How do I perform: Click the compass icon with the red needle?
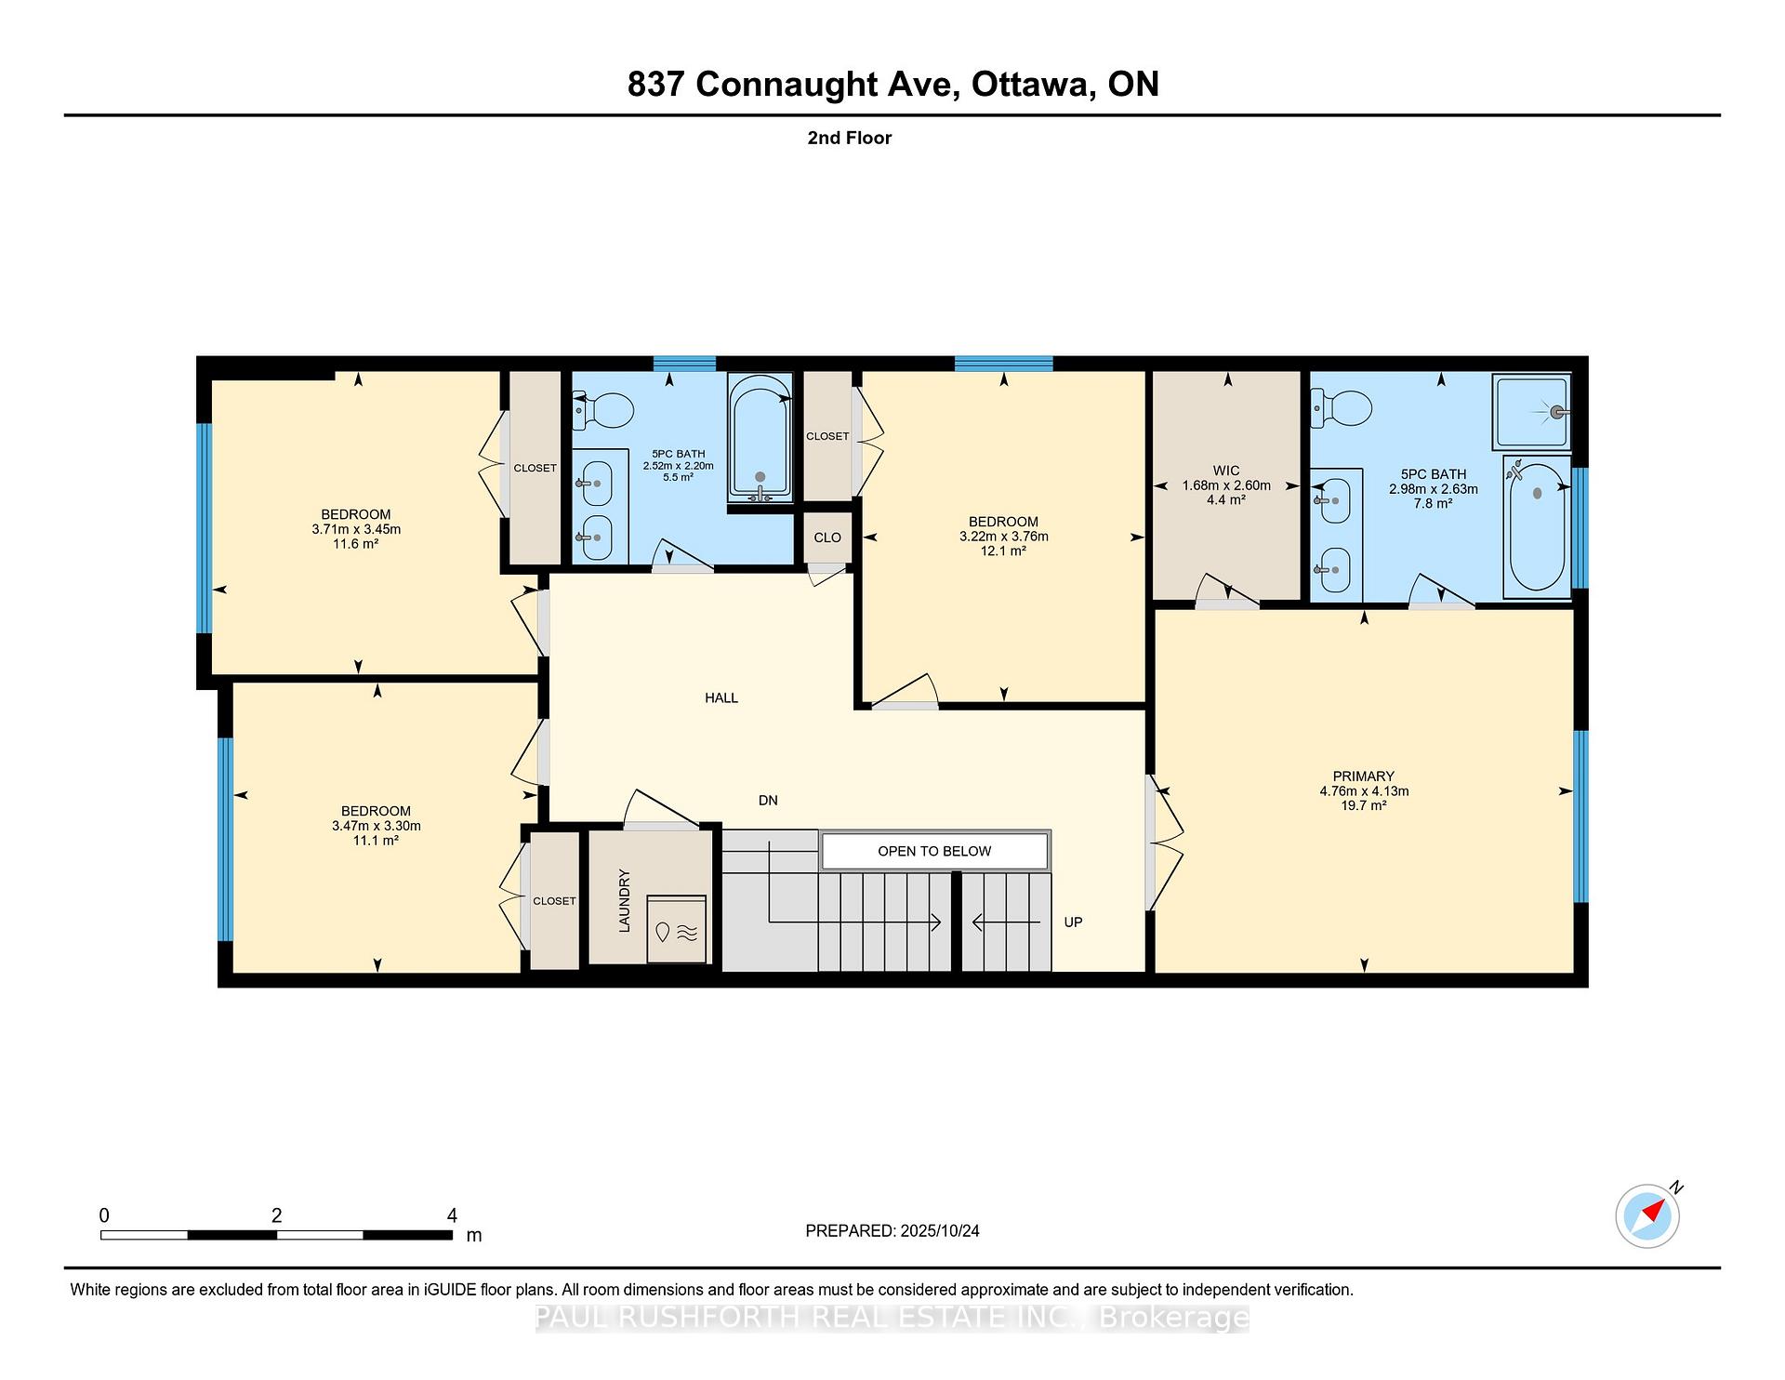(x=1647, y=1215)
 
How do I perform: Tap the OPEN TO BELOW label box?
(x=934, y=851)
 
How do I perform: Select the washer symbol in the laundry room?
(x=676, y=930)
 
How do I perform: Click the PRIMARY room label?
(x=1364, y=776)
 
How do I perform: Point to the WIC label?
(x=1226, y=471)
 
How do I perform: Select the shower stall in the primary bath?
(x=1531, y=411)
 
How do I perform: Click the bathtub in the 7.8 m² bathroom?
(x=1537, y=526)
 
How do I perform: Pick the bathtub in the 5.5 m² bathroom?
(x=760, y=438)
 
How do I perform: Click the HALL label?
(x=721, y=697)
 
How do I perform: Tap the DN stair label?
(x=768, y=800)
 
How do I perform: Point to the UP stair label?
(x=1073, y=922)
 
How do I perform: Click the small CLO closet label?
(x=827, y=537)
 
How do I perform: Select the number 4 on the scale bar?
(x=452, y=1215)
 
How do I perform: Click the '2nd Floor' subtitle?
(x=850, y=138)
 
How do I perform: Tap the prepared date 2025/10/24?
(x=940, y=1230)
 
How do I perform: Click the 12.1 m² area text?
(x=1003, y=551)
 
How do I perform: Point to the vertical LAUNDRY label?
(x=625, y=900)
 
